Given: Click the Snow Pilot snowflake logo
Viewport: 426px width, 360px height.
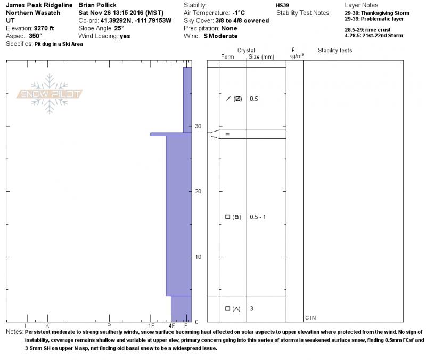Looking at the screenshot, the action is point(49,94).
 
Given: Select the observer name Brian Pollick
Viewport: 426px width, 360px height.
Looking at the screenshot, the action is point(97,5).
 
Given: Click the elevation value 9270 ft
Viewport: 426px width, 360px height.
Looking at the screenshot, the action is point(44,28).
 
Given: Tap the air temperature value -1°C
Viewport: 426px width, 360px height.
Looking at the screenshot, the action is point(239,13).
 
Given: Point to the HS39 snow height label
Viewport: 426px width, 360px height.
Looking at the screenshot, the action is point(283,5).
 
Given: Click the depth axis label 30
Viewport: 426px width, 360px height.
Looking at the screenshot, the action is point(198,126).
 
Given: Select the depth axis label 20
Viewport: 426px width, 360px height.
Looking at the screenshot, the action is point(198,191).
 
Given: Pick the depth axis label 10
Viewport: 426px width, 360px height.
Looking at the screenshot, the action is point(198,257).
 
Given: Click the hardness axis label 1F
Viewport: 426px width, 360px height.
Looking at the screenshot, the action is point(151,325).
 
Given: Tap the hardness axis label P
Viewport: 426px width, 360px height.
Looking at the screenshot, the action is point(109,325).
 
